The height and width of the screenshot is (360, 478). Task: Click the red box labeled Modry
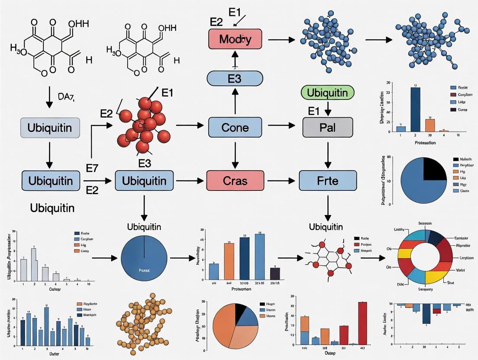click(235, 39)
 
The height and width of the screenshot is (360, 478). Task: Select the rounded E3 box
click(235, 78)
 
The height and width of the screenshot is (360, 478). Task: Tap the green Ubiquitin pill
click(327, 92)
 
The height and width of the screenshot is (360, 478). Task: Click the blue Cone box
click(235, 128)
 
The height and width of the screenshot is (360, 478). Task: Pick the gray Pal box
click(328, 128)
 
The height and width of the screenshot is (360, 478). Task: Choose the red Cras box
click(235, 180)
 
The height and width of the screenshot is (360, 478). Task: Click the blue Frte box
click(328, 180)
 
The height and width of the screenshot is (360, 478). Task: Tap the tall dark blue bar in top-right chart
click(415, 109)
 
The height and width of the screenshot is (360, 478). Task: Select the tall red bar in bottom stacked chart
click(362, 323)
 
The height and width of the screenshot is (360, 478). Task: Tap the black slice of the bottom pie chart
click(239, 313)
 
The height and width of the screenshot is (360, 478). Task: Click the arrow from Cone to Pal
click(280, 126)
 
